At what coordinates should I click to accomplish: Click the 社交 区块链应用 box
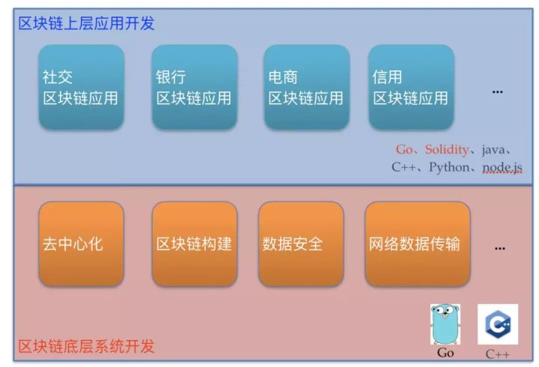click(x=81, y=88)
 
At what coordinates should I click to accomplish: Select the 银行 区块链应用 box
click(x=194, y=88)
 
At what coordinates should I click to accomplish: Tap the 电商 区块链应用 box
click(x=306, y=88)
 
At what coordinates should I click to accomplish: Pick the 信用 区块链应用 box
click(x=411, y=88)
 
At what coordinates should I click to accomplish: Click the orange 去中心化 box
click(x=81, y=244)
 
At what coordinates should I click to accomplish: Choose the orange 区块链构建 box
click(x=194, y=244)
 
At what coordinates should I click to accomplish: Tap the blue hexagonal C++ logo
click(x=498, y=324)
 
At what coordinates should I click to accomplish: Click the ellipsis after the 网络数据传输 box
click(x=500, y=246)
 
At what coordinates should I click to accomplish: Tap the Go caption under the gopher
click(x=445, y=353)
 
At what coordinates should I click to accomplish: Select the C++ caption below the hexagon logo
click(x=498, y=354)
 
